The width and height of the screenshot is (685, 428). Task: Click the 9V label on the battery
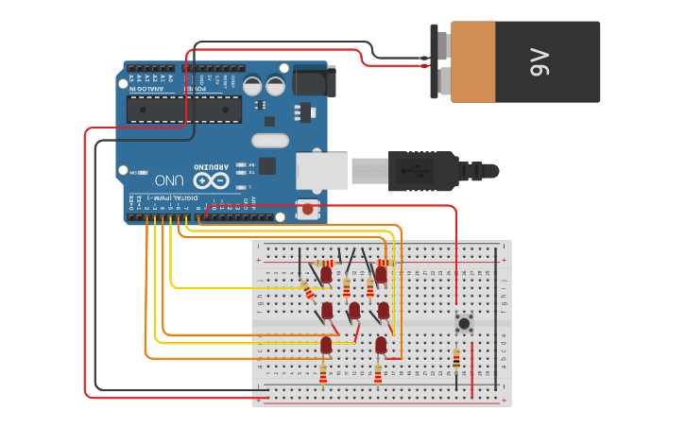(539, 65)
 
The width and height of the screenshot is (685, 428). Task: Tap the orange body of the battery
(473, 62)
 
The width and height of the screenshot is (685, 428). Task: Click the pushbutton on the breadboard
(464, 324)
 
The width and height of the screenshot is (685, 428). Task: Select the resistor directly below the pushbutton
(457, 359)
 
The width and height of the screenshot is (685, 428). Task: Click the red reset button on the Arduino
(307, 208)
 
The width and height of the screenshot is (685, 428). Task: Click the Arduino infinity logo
(211, 180)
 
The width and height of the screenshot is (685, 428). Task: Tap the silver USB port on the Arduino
(321, 171)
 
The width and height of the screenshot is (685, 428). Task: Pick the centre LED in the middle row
(354, 310)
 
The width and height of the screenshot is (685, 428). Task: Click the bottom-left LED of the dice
(326, 345)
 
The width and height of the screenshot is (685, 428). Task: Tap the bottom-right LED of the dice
(381, 345)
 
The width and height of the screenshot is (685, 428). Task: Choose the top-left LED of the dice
(326, 274)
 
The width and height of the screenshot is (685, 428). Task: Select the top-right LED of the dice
(381, 274)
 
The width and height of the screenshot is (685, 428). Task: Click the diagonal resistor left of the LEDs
(309, 290)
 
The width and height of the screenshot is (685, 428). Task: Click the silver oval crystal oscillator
(269, 141)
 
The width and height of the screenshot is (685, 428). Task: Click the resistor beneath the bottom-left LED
(322, 375)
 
